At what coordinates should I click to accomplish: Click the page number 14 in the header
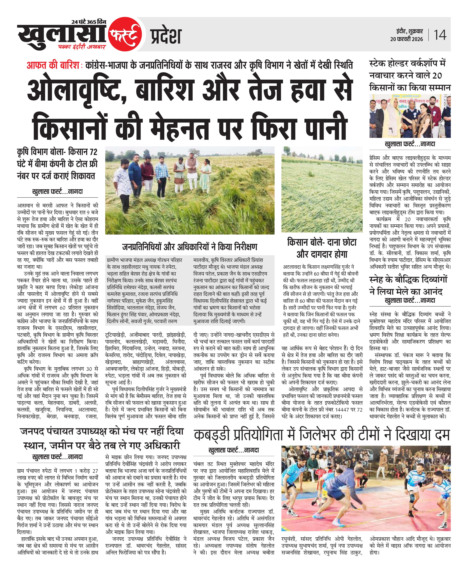[x=440, y=35]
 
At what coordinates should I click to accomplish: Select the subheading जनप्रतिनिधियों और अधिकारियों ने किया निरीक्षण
[x=190, y=246]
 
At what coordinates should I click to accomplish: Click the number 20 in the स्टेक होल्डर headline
[x=437, y=76]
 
